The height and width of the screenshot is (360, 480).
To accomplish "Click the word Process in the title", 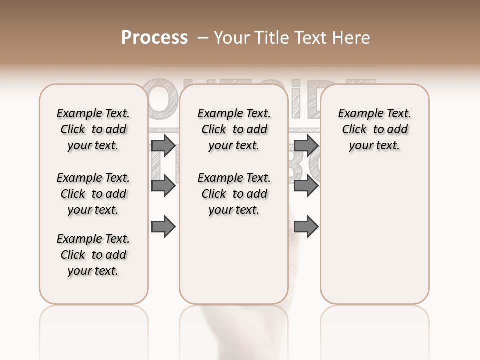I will coord(154,38).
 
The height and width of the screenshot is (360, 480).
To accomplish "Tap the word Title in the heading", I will coord(271,38).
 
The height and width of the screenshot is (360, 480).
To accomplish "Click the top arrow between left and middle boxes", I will coord(163,145).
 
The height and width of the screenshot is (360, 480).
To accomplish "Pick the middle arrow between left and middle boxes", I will coord(163,186).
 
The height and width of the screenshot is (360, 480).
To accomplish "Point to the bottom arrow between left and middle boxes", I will coord(163,226).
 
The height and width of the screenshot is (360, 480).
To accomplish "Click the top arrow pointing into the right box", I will coord(306,145).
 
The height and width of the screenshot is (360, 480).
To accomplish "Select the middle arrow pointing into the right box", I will coord(306,186).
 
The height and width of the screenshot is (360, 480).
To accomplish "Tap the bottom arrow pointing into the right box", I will coord(306,226).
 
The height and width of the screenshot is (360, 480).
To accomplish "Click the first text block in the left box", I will coord(93,129).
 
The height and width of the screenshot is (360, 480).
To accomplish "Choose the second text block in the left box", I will coord(93,194).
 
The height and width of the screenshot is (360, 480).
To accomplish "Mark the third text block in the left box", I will coord(93,255).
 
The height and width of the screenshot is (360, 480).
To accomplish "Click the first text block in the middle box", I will coord(234,129).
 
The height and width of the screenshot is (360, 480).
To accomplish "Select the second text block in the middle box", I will coord(234,194).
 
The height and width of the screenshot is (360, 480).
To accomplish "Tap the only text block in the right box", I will coord(375,129).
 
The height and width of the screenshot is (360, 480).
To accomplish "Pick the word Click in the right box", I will coord(354,130).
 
